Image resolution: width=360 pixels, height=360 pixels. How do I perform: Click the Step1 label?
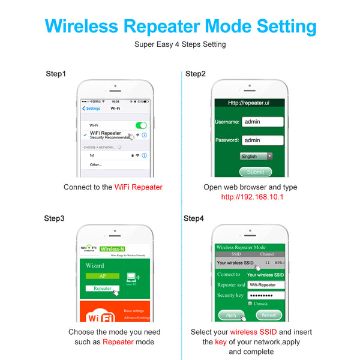tap(56, 74)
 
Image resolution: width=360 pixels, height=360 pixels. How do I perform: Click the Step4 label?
tap(194, 218)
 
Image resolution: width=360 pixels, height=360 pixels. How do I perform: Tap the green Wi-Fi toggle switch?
tap(141, 125)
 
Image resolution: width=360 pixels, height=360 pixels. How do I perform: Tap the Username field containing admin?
tap(263, 121)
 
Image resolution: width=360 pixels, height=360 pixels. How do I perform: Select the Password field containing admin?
tap(263, 140)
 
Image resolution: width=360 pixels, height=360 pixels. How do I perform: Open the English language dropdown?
tap(256, 156)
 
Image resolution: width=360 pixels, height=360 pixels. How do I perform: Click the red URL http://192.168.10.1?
tap(252, 197)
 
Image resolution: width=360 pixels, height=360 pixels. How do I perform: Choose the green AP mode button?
tap(102, 276)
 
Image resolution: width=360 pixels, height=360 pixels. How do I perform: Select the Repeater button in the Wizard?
tap(102, 288)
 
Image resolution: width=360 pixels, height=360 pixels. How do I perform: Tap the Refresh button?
tap(269, 315)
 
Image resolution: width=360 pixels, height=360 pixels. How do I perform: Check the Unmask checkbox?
tap(250, 304)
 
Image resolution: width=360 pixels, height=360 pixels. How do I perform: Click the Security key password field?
tap(265, 295)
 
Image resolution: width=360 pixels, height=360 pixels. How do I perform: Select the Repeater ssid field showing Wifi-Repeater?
tap(265, 285)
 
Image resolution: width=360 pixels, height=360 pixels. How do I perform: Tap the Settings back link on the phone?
tap(92, 109)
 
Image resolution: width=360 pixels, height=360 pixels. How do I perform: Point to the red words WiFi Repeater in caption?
tap(138, 187)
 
